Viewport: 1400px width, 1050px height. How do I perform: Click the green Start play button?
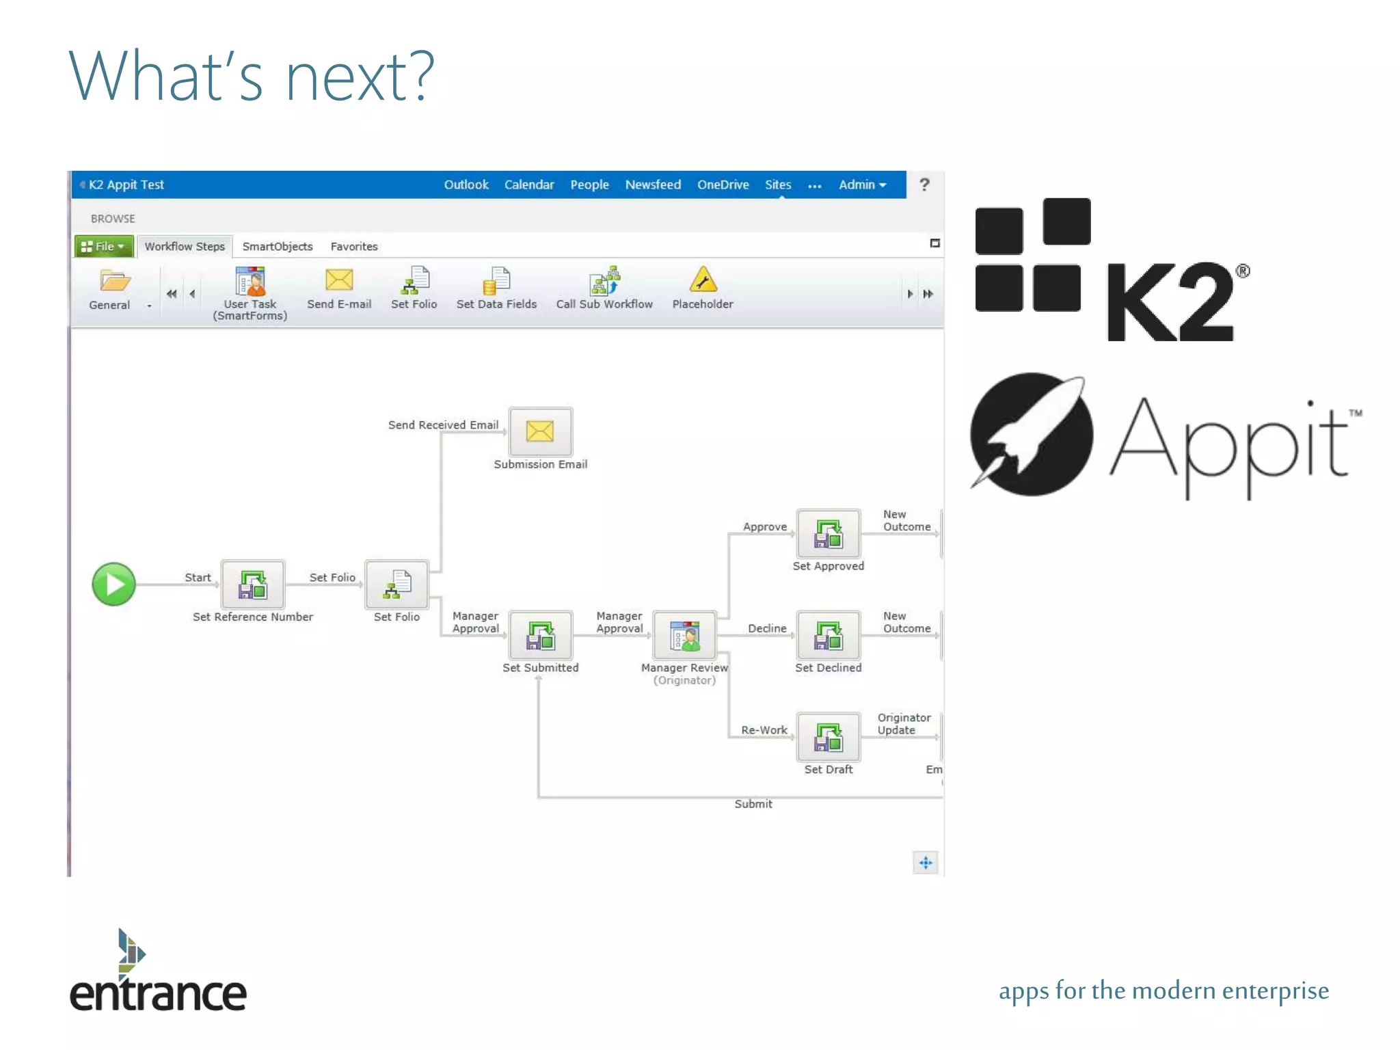pyautogui.click(x=113, y=584)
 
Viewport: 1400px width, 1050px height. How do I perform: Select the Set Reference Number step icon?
pyautogui.click(x=253, y=584)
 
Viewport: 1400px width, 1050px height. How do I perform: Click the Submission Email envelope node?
pyautogui.click(x=540, y=431)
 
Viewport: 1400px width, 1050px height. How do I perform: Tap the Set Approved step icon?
pyautogui.click(x=828, y=534)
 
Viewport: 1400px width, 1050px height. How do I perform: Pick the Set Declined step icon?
pyautogui.click(x=828, y=636)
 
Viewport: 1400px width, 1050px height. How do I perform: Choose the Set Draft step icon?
pyautogui.click(x=828, y=738)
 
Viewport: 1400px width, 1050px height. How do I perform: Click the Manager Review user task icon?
pyautogui.click(x=684, y=636)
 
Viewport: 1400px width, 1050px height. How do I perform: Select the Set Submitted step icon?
pyautogui.click(x=540, y=636)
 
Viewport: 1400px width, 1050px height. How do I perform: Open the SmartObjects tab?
pyautogui.click(x=278, y=246)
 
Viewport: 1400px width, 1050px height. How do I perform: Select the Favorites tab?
pyautogui.click(x=354, y=246)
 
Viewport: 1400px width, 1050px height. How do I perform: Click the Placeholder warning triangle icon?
pyautogui.click(x=703, y=280)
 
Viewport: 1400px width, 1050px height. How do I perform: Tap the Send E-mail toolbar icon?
pyautogui.click(x=339, y=280)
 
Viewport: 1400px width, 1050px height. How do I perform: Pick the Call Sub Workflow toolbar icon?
pyautogui.click(x=604, y=280)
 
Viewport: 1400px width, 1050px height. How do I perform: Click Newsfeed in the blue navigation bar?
pyautogui.click(x=653, y=185)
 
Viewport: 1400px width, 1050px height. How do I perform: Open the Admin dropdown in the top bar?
pyautogui.click(x=862, y=185)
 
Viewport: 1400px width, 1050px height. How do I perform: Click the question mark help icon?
pyautogui.click(x=924, y=185)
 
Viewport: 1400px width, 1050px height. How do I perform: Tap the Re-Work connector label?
pyautogui.click(x=764, y=730)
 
